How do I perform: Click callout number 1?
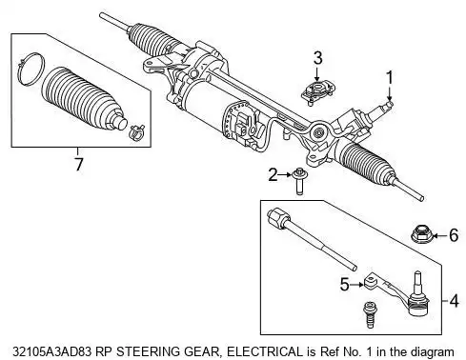click(x=389, y=79)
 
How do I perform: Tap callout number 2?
click(x=273, y=175)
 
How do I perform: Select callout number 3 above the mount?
click(x=317, y=58)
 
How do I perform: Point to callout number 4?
click(x=455, y=300)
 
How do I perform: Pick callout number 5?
click(x=344, y=284)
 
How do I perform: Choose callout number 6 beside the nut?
click(x=454, y=235)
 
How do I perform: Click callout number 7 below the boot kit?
click(x=78, y=164)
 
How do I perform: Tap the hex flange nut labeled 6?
click(x=421, y=234)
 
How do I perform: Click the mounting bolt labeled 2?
click(x=299, y=182)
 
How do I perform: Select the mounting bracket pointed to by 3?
click(x=318, y=92)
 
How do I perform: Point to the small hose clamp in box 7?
click(x=137, y=132)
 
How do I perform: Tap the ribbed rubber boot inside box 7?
click(x=84, y=99)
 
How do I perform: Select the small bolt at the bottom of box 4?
click(x=369, y=314)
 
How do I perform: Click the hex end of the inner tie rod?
click(x=279, y=218)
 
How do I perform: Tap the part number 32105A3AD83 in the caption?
click(x=51, y=351)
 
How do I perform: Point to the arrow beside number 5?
click(x=357, y=285)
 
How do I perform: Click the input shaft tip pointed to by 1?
click(x=390, y=104)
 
